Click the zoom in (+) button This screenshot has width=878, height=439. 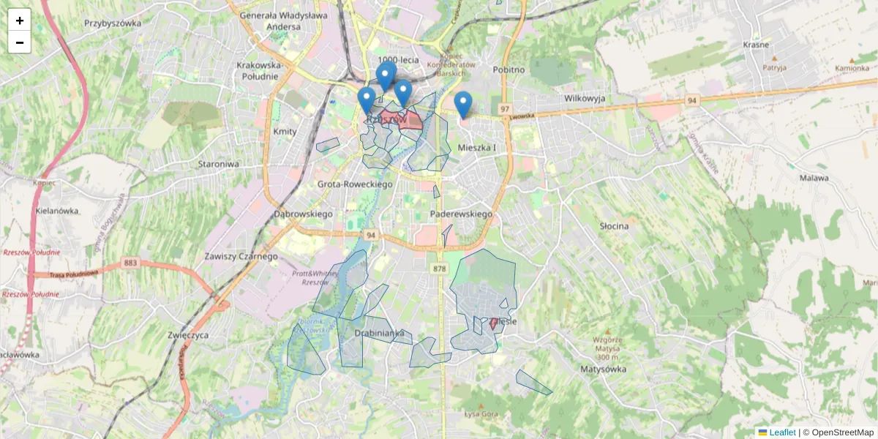20,20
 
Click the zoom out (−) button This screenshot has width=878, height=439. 20,42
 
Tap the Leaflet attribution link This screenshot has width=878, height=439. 782,432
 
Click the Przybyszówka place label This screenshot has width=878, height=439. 113,23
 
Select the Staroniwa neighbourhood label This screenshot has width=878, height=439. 218,164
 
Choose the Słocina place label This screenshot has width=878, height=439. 614,226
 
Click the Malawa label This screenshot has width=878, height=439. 814,178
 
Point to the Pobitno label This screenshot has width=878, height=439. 509,70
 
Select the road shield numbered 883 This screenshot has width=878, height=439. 131,263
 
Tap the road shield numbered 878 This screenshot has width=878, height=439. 439,269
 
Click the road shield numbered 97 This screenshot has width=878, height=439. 505,109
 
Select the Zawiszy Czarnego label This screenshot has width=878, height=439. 241,257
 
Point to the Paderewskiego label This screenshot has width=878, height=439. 461,214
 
